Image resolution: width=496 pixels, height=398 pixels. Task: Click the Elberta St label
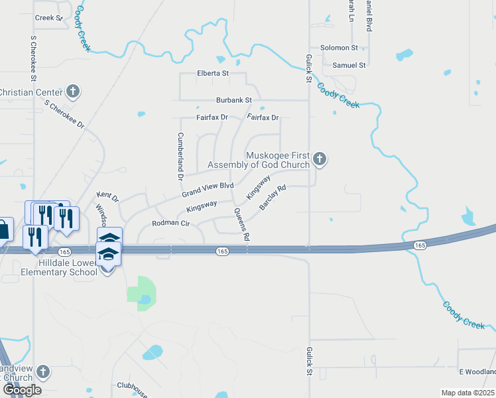tap(212, 73)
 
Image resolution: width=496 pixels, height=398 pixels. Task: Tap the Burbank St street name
tap(234, 100)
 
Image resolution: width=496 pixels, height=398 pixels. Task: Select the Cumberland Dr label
tap(179, 156)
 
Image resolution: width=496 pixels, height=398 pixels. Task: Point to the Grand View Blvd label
tap(208, 190)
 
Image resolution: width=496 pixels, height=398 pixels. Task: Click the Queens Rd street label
tap(241, 224)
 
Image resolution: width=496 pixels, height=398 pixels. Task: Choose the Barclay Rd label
tap(273, 198)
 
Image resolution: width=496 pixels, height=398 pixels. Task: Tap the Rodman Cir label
tap(171, 224)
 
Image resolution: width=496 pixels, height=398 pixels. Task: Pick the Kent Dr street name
tap(107, 197)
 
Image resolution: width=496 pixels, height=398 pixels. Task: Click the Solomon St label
tap(339, 48)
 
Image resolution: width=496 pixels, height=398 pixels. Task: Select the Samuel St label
tap(349, 66)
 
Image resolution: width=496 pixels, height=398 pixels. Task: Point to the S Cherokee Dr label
tap(65, 114)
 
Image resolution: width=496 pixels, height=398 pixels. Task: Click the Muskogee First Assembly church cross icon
tap(320, 159)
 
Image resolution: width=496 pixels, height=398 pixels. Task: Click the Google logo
tap(21, 389)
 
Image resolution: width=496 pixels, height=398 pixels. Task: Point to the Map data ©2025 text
tap(467, 393)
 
